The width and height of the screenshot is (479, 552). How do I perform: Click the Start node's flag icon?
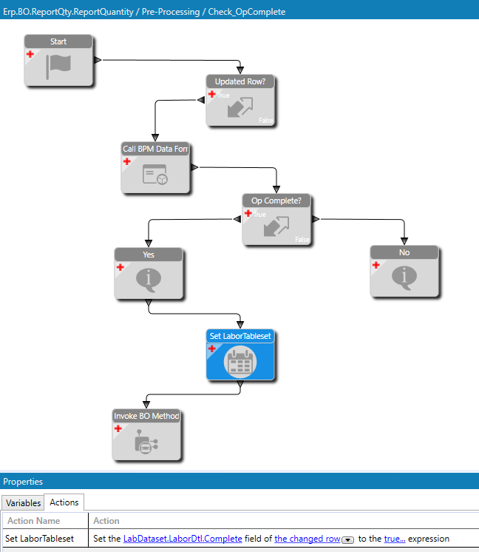coord(58,67)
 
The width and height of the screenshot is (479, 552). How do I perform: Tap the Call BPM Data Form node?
coord(155,174)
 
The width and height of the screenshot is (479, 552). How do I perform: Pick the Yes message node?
coord(148,278)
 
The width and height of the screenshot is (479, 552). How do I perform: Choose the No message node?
coord(404,277)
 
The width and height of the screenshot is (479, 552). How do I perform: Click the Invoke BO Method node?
coord(146,441)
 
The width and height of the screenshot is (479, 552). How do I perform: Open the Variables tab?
coord(24,502)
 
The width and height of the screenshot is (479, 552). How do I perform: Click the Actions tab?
coord(64,502)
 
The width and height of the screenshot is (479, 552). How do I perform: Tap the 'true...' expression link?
coord(395,539)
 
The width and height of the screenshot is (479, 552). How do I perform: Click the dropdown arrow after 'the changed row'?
coord(347,539)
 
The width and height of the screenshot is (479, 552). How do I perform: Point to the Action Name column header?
coord(34,521)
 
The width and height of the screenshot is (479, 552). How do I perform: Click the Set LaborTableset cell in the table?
coord(39,539)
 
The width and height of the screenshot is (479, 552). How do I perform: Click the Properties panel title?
coord(23,482)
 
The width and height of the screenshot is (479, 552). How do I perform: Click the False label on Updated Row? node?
coord(266,120)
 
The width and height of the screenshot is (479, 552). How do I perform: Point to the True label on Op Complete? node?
coord(260,215)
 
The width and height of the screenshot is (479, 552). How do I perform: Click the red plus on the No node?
coord(376,265)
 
